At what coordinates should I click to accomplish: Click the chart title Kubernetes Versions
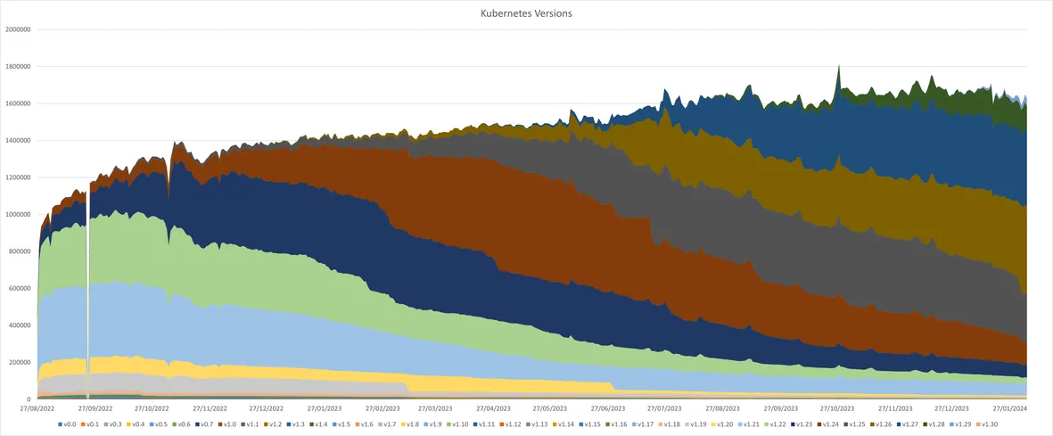pos(526,13)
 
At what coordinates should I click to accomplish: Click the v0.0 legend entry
pos(70,424)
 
